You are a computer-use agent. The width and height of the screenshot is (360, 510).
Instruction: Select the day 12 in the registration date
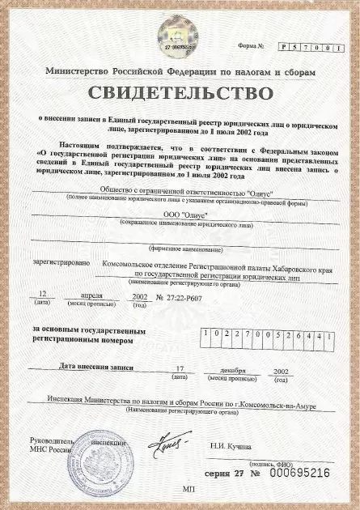(44, 296)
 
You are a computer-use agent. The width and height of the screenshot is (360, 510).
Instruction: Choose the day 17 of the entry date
(180, 369)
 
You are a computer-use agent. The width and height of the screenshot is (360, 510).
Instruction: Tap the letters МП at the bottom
(189, 490)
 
